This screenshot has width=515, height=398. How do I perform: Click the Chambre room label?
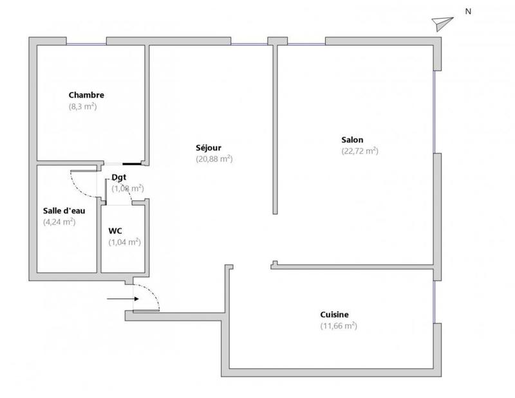86,95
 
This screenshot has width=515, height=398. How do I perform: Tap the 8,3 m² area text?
82,107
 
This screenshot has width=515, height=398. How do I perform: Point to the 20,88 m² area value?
214,158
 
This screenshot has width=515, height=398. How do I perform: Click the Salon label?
352,140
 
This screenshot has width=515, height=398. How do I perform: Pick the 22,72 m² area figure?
359,152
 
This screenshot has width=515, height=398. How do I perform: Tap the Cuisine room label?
334,314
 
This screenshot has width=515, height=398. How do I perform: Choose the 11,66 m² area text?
338,326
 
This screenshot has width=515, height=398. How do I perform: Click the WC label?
116,230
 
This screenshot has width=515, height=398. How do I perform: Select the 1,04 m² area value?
124,242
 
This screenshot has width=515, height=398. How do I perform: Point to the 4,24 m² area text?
59,222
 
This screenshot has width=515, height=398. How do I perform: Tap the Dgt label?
119,177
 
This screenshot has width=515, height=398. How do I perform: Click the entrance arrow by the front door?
118,298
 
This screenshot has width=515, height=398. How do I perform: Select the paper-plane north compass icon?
441,23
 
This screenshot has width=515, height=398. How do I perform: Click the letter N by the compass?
468,11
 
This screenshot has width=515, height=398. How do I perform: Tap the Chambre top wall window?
86,43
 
